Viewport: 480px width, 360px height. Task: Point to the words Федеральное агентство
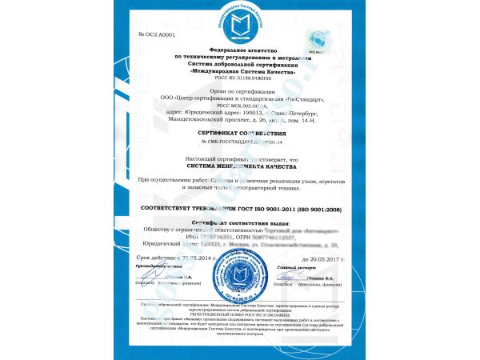240,50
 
